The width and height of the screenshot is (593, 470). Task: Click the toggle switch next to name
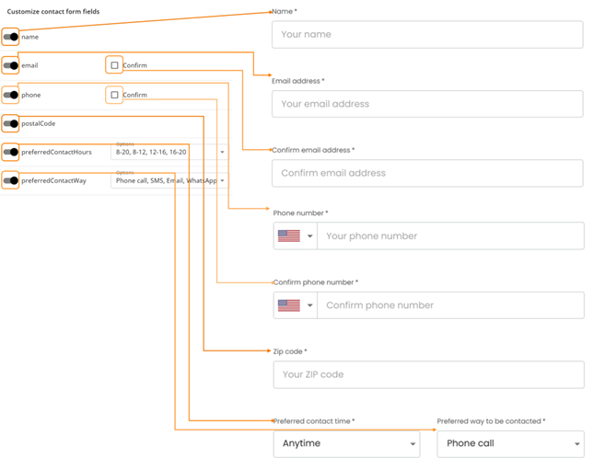tap(10, 37)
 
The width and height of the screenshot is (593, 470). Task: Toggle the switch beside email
tap(10, 66)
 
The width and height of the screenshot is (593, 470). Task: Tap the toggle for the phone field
tap(10, 95)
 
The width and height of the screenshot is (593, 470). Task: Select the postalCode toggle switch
tap(10, 123)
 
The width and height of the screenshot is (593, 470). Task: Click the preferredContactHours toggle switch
tap(10, 152)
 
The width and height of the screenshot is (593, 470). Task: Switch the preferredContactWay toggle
tap(10, 181)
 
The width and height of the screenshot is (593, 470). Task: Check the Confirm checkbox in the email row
tap(114, 65)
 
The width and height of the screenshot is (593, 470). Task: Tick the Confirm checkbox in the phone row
tap(114, 95)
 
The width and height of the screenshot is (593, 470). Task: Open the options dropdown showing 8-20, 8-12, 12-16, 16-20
tap(169, 152)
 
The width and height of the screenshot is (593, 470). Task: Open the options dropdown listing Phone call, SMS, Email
tap(169, 181)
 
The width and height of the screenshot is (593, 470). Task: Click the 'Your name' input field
tap(427, 35)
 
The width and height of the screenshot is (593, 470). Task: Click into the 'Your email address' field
tap(427, 104)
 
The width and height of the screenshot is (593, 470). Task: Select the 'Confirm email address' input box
tap(427, 173)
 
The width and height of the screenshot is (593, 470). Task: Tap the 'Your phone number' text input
tap(449, 236)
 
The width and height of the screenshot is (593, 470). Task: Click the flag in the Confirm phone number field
tap(289, 305)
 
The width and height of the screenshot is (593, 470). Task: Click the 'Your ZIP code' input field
tap(427, 374)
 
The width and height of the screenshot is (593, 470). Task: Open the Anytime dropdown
tap(346, 443)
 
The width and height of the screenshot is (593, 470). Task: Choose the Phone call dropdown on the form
tap(509, 443)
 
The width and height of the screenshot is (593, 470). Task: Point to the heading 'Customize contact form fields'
tap(53, 11)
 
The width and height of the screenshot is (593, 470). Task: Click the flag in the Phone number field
tap(289, 236)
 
